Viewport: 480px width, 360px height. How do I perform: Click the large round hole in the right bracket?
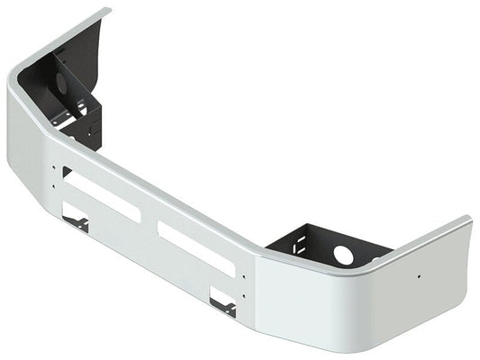(343, 255)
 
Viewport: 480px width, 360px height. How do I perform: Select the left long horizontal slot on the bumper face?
(101, 196)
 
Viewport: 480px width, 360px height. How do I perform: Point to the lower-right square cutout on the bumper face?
(222, 301)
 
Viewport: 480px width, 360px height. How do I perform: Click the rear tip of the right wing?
(466, 221)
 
